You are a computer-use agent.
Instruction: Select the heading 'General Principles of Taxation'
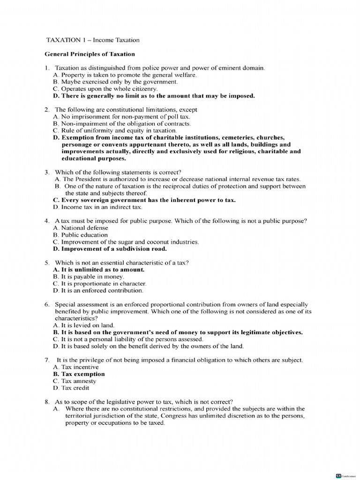(x=90, y=54)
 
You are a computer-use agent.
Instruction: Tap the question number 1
(x=47, y=68)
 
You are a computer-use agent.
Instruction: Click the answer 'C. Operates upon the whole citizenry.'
(x=105, y=89)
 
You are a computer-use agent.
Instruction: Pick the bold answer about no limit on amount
(x=154, y=96)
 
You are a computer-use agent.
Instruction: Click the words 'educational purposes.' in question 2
(x=91, y=158)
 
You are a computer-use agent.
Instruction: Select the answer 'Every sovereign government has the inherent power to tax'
(x=144, y=200)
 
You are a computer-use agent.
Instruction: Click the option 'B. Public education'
(x=80, y=235)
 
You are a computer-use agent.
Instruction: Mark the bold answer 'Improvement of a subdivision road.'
(x=110, y=249)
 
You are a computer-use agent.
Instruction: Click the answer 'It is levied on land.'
(x=84, y=325)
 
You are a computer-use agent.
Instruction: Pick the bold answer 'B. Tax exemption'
(x=79, y=374)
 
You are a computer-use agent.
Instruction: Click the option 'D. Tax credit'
(x=71, y=388)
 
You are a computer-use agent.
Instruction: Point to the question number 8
(x=47, y=402)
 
